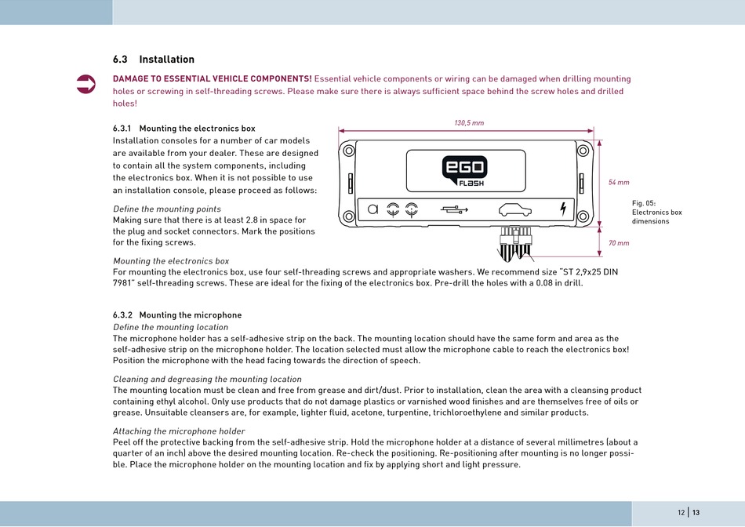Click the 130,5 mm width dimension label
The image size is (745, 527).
tap(469, 123)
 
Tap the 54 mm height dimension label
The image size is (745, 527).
tap(619, 182)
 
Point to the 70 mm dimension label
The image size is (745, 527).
tap(619, 243)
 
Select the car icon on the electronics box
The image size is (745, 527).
tap(515, 209)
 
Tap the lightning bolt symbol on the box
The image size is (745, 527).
tap(562, 209)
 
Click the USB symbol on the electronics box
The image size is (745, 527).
tap(454, 209)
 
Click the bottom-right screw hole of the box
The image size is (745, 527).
tap(583, 216)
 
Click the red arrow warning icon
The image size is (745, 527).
tap(85, 85)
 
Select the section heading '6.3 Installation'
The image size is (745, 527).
tap(153, 60)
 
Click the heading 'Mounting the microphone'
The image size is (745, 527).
tap(190, 315)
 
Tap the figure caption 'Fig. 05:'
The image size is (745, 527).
tap(644, 203)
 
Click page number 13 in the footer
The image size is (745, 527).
tap(696, 513)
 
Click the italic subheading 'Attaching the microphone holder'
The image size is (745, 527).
tap(179, 431)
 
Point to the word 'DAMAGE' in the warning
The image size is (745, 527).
tap(131, 79)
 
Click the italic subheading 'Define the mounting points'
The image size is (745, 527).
tap(167, 209)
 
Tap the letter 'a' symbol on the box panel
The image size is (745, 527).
tap(372, 209)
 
